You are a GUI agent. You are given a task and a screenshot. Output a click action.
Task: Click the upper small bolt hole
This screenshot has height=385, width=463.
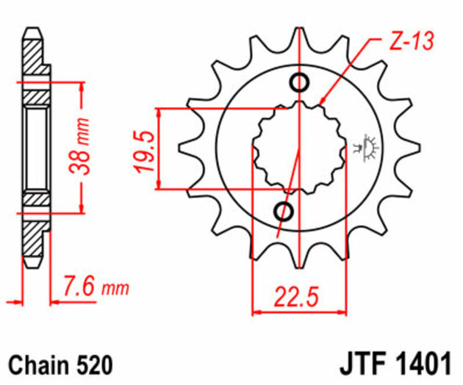(301, 82)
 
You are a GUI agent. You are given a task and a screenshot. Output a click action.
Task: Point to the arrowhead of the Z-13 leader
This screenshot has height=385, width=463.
(321, 101)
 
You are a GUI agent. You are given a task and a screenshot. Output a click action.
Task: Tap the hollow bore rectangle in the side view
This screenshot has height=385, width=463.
(35, 146)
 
